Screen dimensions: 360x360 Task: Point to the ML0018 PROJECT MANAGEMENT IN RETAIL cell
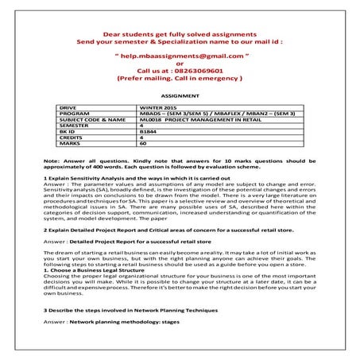194,120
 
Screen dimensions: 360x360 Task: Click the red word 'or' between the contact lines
179,64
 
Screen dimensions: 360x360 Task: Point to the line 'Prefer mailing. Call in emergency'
179,79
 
